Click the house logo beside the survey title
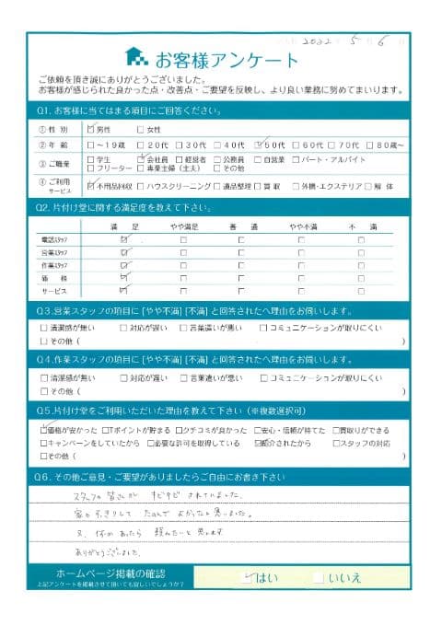tap(136, 58)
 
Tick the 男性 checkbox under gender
tap(90, 129)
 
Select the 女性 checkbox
tap(140, 129)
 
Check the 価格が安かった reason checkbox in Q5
tap(44, 430)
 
